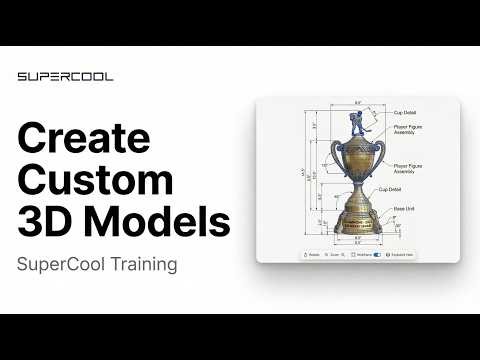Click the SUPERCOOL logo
pyautogui.click(x=65, y=76)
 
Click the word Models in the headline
pyautogui.click(x=155, y=221)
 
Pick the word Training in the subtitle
pyautogui.click(x=141, y=265)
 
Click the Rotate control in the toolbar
pyautogui.click(x=312, y=255)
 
